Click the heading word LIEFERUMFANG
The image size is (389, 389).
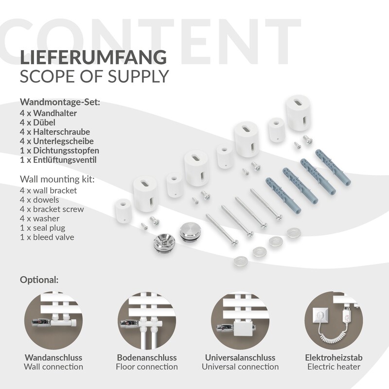coord(93,57)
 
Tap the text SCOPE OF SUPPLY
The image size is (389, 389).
coord(94,76)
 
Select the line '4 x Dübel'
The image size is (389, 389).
coord(37,123)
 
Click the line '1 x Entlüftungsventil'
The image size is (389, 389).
coord(58,160)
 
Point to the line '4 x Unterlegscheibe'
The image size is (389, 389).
coord(57,141)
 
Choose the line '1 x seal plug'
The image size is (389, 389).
coord(43,228)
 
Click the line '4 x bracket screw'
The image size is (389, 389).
coord(52,209)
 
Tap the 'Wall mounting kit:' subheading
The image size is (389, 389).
coord(57,179)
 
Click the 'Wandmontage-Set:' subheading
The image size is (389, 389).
coord(60,102)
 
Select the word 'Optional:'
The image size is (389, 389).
coord(39,280)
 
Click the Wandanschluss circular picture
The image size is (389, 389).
coord(53,320)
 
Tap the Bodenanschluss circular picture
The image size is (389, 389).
coord(147,320)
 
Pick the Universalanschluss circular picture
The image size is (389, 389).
coord(240,320)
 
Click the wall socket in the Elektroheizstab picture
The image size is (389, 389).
coord(320,317)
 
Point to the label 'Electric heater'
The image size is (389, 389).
coord(334,367)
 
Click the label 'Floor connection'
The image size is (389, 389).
coord(147,367)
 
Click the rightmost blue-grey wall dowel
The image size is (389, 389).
coord(333,167)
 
